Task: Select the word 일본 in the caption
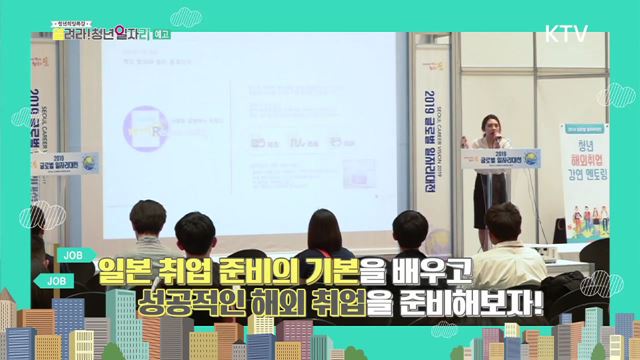pyautogui.click(x=129, y=270)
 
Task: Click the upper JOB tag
pyautogui.click(x=71, y=254)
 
